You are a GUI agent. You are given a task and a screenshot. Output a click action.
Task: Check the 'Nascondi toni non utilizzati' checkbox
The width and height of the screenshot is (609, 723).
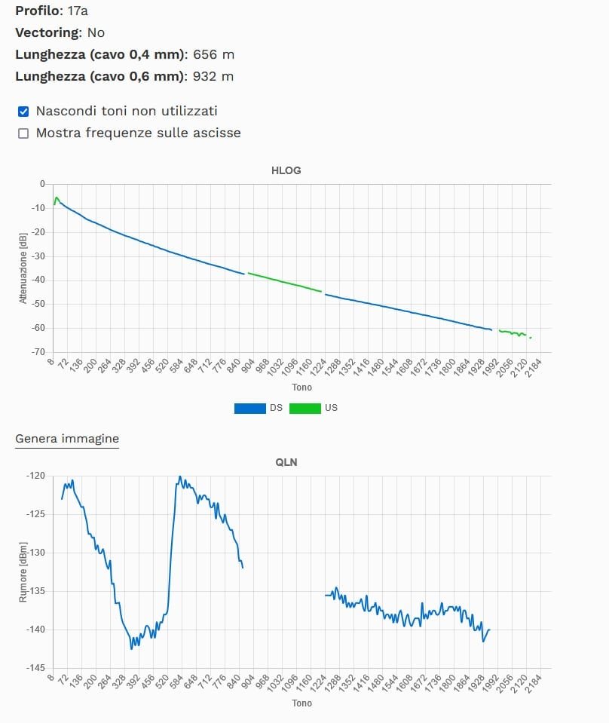point(23,112)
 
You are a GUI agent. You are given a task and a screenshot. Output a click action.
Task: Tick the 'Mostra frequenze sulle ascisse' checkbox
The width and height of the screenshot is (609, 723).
point(23,133)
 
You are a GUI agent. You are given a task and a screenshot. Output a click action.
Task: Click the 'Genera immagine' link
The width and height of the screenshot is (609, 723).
point(67,438)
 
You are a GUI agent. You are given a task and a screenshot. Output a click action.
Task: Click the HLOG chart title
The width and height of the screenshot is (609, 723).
point(286,170)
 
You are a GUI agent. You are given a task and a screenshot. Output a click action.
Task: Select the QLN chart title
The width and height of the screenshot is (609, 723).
point(286,462)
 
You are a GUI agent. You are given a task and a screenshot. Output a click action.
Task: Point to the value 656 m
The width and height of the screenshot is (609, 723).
point(213,54)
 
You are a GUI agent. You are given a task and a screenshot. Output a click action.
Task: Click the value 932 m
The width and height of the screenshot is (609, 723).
point(213,76)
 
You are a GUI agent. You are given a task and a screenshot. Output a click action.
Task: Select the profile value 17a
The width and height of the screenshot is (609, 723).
point(66,11)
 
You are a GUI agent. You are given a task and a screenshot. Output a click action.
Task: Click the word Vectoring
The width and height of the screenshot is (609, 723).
point(47,32)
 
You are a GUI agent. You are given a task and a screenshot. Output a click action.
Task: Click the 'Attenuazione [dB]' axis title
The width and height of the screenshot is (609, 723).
point(23,268)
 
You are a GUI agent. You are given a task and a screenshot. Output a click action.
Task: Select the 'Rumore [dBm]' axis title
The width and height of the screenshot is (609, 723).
point(23,571)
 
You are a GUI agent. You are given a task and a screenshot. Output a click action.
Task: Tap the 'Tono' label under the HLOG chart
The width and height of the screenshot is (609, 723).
point(301,388)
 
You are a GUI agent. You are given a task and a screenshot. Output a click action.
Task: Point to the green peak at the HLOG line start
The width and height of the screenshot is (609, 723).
point(56,198)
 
